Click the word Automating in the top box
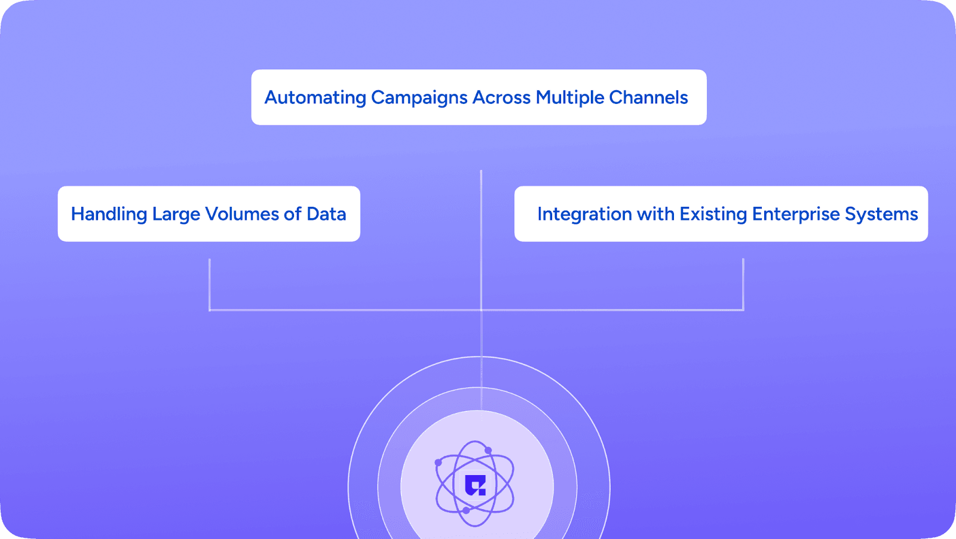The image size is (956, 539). tap(315, 97)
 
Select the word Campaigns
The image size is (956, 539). tap(419, 97)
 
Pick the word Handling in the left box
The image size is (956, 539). tap(109, 214)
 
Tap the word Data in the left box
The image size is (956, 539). tap(326, 214)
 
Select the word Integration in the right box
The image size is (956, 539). tap(584, 214)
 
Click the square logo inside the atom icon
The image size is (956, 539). tap(476, 485)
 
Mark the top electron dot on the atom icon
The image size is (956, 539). tap(488, 450)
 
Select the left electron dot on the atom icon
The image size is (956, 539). tap(438, 463)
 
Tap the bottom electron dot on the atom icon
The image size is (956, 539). tap(466, 510)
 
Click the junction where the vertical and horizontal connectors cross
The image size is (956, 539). tap(481, 310)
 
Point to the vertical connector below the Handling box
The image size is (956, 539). tap(210, 284)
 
